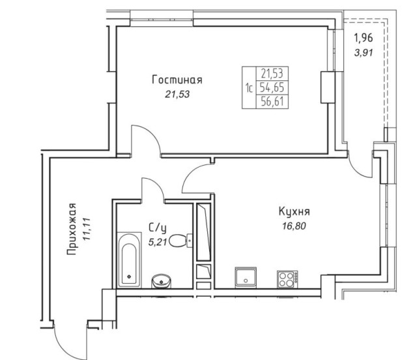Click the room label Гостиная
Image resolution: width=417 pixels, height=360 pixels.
click(177, 80)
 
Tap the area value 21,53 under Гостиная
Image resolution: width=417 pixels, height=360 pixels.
click(177, 95)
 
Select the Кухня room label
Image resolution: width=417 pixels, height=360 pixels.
click(294, 212)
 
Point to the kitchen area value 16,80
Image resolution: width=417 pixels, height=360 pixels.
click(294, 226)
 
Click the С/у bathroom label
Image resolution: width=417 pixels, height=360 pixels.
click(158, 228)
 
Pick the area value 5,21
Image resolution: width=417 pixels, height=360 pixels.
click(158, 242)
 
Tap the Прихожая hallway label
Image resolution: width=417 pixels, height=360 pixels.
click(72, 229)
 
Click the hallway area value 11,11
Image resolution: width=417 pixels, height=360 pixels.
click(87, 230)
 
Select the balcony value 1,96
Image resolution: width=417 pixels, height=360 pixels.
click(363, 38)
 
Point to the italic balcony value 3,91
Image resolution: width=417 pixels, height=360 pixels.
click(364, 53)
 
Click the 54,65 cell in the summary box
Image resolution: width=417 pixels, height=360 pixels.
click(272, 87)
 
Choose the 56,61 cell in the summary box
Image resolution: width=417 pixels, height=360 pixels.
click(272, 102)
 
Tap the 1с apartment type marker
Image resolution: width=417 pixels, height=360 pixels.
click(249, 87)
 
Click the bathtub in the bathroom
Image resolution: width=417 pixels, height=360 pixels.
click(129, 260)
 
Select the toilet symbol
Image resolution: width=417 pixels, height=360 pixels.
click(180, 241)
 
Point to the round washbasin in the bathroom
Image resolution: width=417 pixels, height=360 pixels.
click(161, 281)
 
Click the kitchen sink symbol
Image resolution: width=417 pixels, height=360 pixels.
click(246, 277)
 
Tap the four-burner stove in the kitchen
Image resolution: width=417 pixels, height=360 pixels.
click(287, 279)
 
